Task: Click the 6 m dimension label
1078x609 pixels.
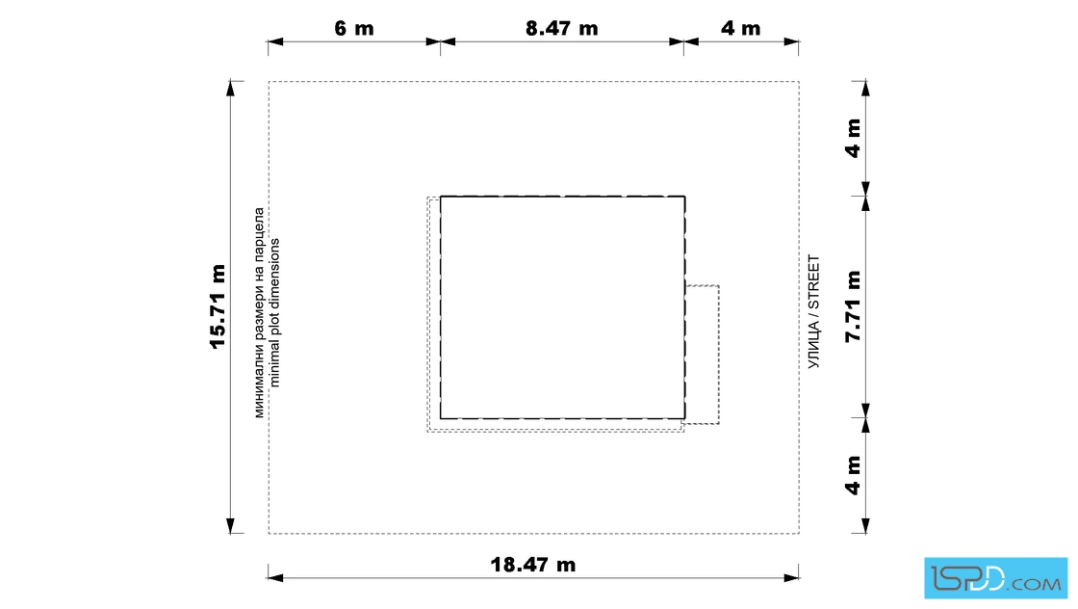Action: [354, 28]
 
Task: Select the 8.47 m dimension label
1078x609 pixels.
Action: [562, 28]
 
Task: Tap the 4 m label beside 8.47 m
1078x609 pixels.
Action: [740, 28]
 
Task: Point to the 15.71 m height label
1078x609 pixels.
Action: [218, 306]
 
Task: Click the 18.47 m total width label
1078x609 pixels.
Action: [533, 565]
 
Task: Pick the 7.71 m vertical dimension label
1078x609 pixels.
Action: [853, 306]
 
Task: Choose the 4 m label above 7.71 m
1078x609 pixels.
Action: [853, 139]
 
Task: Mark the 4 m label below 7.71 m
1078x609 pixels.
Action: [853, 475]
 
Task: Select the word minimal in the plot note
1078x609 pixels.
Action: [275, 363]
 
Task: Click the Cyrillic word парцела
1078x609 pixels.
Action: [259, 230]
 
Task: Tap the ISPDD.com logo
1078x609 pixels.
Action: [995, 578]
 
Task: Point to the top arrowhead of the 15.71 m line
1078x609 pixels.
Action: [231, 89]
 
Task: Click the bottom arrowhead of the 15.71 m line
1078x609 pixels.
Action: [231, 526]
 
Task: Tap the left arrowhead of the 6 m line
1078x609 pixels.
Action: [275, 42]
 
